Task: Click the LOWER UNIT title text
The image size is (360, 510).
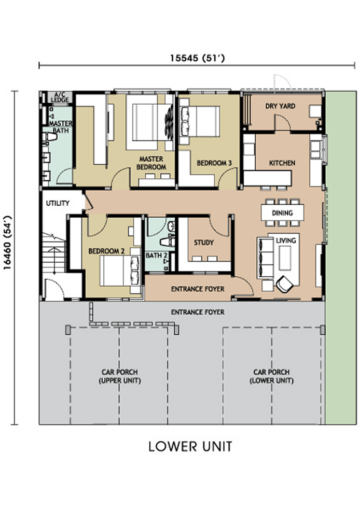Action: click(190, 446)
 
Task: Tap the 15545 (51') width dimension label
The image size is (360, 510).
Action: click(197, 58)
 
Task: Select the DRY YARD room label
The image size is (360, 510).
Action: click(280, 106)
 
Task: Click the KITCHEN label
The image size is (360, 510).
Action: click(282, 163)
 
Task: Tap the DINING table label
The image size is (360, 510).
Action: click(282, 212)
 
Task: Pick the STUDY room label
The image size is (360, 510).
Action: click(204, 243)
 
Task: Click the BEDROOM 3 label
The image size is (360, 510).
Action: click(214, 163)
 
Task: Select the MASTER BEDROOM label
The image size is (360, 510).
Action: click(151, 163)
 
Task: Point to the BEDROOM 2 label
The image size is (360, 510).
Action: click(106, 251)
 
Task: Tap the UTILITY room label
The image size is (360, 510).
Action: click(58, 203)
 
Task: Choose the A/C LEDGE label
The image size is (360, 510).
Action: click(60, 97)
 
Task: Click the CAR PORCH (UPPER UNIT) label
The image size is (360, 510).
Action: click(120, 376)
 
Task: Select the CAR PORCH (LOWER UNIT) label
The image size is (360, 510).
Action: click(271, 376)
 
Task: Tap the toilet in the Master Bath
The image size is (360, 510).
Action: click(50, 137)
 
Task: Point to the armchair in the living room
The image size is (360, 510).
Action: click(284, 284)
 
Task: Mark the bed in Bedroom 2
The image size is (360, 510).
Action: click(120, 271)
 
